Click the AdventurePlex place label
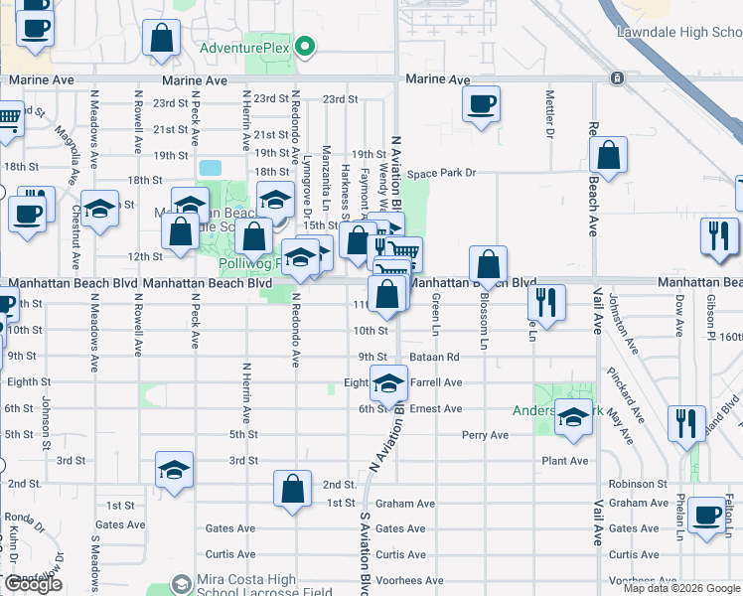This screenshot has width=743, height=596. click(x=246, y=48)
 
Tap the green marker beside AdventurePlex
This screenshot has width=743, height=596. click(x=307, y=47)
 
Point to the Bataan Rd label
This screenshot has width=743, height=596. click(x=437, y=356)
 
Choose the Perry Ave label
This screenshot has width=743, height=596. click(x=485, y=435)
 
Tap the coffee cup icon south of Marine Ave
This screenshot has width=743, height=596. click(x=481, y=104)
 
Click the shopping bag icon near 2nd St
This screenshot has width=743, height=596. click(x=292, y=489)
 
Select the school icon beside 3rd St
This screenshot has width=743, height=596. click(x=174, y=469)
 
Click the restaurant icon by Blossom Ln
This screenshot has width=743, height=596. click(x=546, y=299)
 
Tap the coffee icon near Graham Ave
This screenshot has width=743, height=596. click(x=707, y=517)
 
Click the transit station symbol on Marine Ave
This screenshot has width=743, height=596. click(x=618, y=78)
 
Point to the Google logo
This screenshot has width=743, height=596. click(x=33, y=584)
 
